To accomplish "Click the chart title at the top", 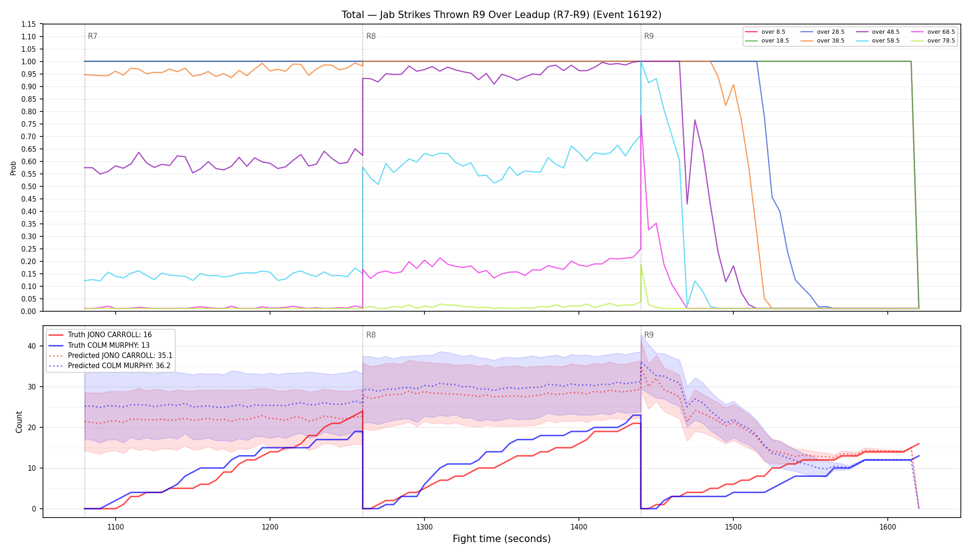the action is point(502,15).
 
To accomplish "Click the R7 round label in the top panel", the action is point(92,36).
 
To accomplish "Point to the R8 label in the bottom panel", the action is point(371,335).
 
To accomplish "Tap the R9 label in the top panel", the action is point(649,36).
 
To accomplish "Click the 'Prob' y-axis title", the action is point(13,168).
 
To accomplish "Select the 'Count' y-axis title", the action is point(19,422).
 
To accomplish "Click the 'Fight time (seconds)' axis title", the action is point(502,539).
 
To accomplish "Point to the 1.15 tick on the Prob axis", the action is point(28,24).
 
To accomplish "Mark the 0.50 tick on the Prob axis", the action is point(28,186).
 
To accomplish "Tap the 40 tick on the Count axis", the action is point(31,346).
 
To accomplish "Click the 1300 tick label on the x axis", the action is point(424,527).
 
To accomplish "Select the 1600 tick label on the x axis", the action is point(888,527).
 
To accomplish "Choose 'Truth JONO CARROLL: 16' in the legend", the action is point(100,335).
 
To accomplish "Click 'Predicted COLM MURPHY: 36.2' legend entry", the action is point(110,366).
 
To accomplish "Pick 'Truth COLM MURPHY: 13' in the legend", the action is point(99,345).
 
